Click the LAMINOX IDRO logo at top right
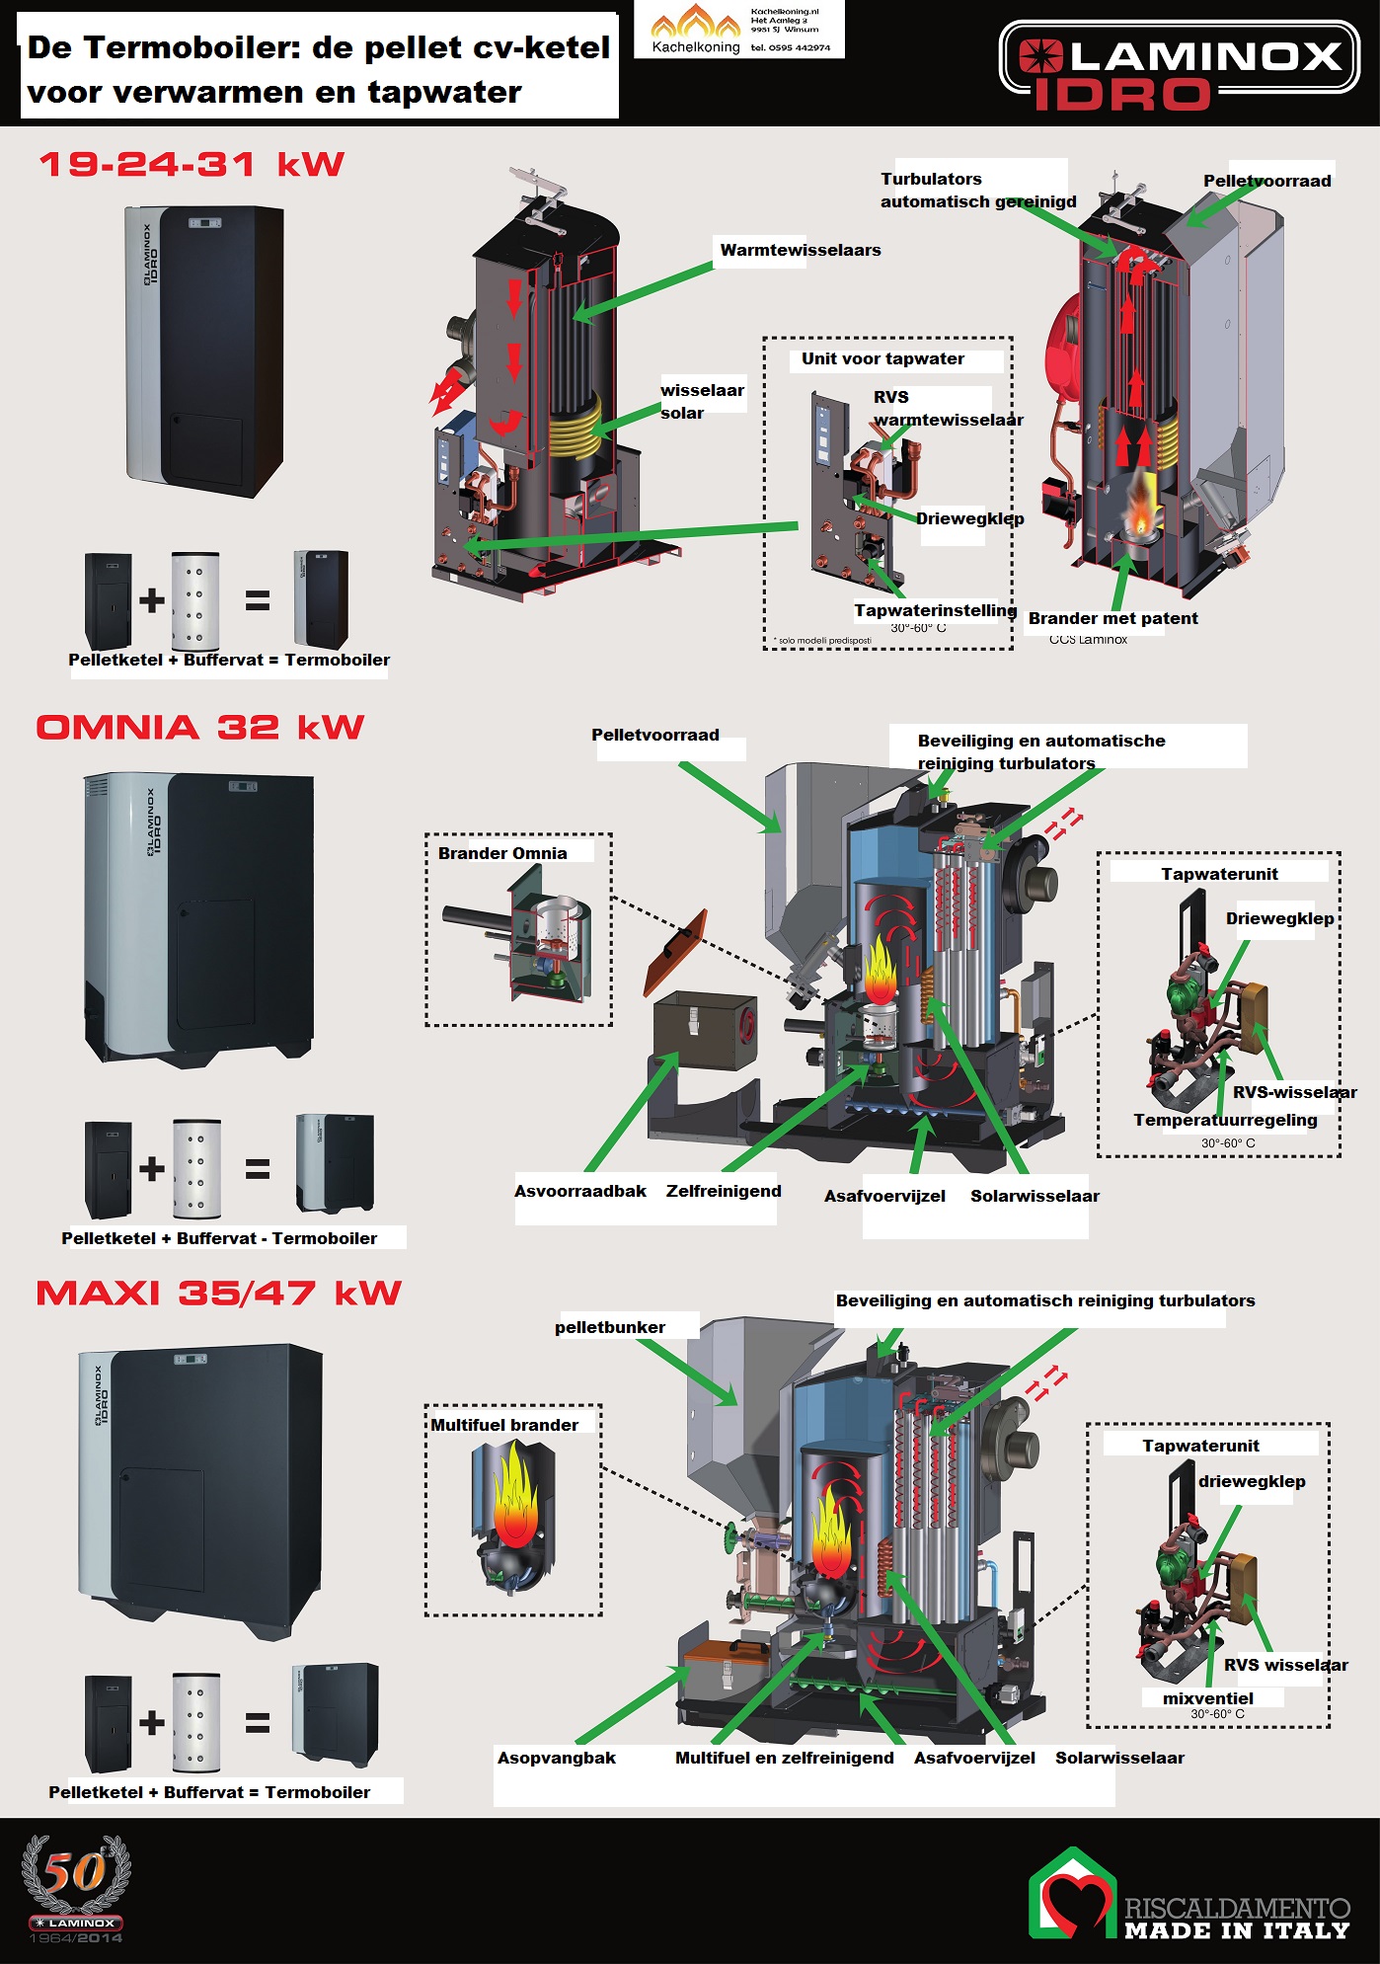pyautogui.click(x=1180, y=65)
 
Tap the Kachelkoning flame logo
pyautogui.click(x=695, y=24)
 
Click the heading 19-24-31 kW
pyautogui.click(x=192, y=164)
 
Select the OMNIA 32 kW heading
pyautogui.click(x=200, y=728)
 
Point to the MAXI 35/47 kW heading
pyautogui.click(x=219, y=1294)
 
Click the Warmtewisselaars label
pyautogui.click(x=800, y=250)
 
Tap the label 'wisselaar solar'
pyautogui.click(x=701, y=401)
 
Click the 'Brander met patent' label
pyautogui.click(x=1112, y=618)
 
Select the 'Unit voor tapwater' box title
pyautogui.click(x=882, y=358)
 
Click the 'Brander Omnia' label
pyautogui.click(x=502, y=853)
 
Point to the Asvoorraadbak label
pyautogui.click(x=579, y=1191)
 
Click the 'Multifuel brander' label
pyautogui.click(x=504, y=1425)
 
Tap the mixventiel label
pyautogui.click(x=1207, y=1698)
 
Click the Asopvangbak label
pyautogui.click(x=556, y=1758)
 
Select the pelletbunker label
pyautogui.click(x=609, y=1327)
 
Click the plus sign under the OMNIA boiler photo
pyautogui.click(x=152, y=1168)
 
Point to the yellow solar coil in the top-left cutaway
pyautogui.click(x=574, y=432)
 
